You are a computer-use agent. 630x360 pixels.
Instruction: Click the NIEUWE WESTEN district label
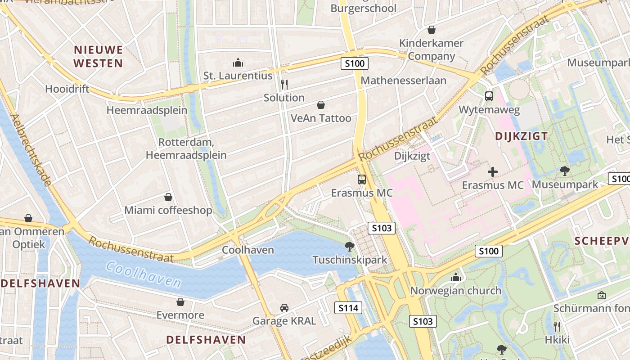coord(98,56)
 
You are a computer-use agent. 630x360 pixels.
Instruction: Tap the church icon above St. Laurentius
coord(238,63)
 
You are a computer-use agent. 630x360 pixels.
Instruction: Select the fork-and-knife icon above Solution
coord(284,84)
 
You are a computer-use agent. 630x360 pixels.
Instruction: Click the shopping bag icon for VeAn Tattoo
coord(321,105)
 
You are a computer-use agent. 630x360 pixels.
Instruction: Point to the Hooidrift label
coord(67,89)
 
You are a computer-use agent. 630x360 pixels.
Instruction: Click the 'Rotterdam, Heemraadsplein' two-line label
coord(186,148)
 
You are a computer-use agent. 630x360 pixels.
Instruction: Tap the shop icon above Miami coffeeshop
coord(168,197)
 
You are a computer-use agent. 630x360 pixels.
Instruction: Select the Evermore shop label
coord(180,315)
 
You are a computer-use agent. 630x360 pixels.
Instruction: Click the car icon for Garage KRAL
coord(284,308)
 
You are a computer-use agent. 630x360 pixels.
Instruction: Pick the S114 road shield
coord(348,308)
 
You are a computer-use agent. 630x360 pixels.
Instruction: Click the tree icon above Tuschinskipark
coord(349,247)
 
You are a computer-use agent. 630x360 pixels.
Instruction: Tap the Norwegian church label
coord(455,291)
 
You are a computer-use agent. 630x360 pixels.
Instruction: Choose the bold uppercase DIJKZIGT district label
coord(521,136)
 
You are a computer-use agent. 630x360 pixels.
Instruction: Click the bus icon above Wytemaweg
coord(489,96)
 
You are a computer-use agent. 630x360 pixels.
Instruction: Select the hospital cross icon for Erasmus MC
coord(493,171)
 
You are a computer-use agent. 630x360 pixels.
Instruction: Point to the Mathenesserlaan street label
coord(404,81)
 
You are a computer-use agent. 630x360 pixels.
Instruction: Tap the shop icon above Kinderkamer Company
coord(432,30)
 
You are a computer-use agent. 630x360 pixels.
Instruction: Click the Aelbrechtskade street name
coord(30,149)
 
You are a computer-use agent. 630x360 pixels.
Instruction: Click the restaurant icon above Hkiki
coord(557,326)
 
